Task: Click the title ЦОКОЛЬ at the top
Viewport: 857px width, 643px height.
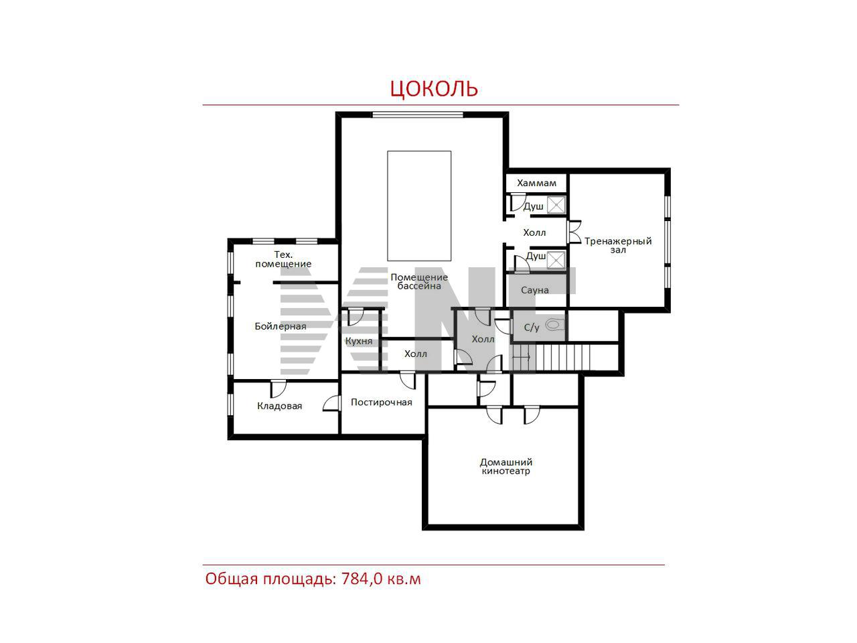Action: (434, 88)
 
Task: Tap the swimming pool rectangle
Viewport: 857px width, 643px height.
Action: (419, 206)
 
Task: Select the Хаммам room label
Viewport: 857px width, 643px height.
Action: (536, 183)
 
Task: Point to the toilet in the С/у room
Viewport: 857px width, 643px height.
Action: (554, 324)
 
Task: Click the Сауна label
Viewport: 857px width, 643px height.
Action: (534, 290)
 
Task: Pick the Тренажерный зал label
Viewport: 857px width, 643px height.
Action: (618, 246)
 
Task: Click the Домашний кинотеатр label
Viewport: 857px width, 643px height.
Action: (505, 467)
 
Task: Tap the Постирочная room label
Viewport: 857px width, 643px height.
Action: (381, 403)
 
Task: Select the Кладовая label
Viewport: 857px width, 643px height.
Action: (280, 406)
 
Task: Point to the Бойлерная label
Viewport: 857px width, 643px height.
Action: (281, 326)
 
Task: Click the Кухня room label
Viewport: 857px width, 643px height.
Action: (359, 341)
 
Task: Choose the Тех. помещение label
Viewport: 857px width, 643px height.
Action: (283, 259)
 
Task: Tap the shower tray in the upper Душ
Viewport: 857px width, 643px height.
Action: (556, 205)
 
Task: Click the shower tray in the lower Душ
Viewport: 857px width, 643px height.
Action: (556, 261)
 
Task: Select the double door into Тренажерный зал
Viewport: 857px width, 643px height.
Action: (574, 232)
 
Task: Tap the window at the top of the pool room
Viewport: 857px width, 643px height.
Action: (417, 115)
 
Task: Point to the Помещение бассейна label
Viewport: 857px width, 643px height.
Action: (419, 281)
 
